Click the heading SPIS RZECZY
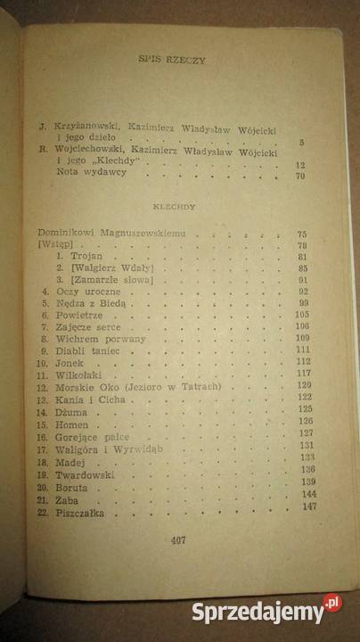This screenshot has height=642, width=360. point(172,62)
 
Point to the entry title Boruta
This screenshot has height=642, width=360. point(70,490)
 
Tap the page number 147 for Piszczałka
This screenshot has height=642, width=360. point(310,507)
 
